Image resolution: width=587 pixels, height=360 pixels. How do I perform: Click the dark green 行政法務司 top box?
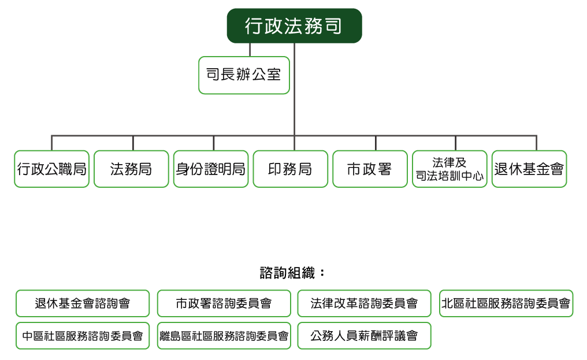(x=294, y=26)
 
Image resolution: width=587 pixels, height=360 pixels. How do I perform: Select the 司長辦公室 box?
(x=244, y=75)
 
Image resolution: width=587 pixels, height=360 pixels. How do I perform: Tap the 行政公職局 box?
(x=51, y=169)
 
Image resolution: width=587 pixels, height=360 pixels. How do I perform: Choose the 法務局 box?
(x=131, y=169)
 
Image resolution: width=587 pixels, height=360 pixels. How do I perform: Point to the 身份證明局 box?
(x=211, y=169)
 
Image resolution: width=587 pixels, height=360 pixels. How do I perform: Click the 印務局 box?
(x=291, y=169)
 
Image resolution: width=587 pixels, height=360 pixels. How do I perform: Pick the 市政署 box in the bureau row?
(x=370, y=169)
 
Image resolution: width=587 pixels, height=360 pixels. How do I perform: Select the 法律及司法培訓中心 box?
(x=449, y=169)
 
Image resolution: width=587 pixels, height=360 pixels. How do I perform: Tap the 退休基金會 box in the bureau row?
(x=529, y=169)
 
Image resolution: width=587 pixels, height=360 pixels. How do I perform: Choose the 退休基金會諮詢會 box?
(x=83, y=303)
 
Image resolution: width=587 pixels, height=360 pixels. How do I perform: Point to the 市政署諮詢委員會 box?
(x=224, y=303)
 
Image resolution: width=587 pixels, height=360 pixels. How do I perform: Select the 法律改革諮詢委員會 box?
(x=364, y=303)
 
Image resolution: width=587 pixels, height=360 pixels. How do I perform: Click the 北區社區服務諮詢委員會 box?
(x=506, y=303)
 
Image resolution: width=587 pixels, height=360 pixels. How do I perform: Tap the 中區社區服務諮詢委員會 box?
(x=83, y=336)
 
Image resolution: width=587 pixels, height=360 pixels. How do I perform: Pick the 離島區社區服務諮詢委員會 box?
(x=224, y=336)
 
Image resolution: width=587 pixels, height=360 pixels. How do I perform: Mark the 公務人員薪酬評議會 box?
(x=364, y=336)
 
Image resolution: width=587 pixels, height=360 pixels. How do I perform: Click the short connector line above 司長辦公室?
(x=250, y=50)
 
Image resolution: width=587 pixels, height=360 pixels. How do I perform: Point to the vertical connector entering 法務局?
(x=133, y=143)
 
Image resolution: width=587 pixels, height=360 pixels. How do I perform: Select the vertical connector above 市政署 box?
(x=376, y=143)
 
